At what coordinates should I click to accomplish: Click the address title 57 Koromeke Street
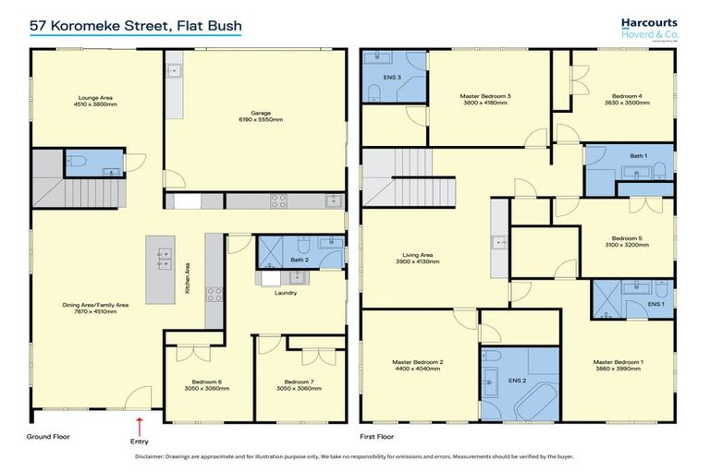click(135, 27)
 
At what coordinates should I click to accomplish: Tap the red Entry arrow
click(140, 426)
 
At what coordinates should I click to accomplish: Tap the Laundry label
click(284, 295)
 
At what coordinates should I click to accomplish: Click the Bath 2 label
click(298, 260)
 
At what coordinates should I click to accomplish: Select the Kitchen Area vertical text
click(188, 277)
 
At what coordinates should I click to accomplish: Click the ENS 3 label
click(392, 77)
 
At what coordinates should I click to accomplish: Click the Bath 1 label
click(637, 156)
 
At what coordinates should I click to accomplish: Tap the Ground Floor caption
click(48, 436)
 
